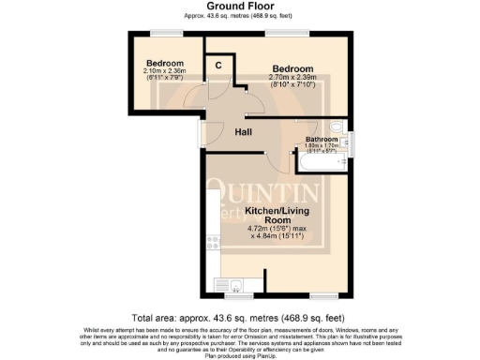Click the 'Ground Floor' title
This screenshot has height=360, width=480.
[x=239, y=7]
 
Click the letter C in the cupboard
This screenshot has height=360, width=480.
[x=217, y=66]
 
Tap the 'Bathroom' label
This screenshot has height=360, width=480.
[x=322, y=139]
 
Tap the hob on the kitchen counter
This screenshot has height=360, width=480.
[x=213, y=245]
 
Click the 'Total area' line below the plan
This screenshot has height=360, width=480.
[x=239, y=316]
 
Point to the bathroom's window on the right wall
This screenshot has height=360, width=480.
[x=352, y=143]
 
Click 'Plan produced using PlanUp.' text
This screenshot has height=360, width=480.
[x=239, y=354]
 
